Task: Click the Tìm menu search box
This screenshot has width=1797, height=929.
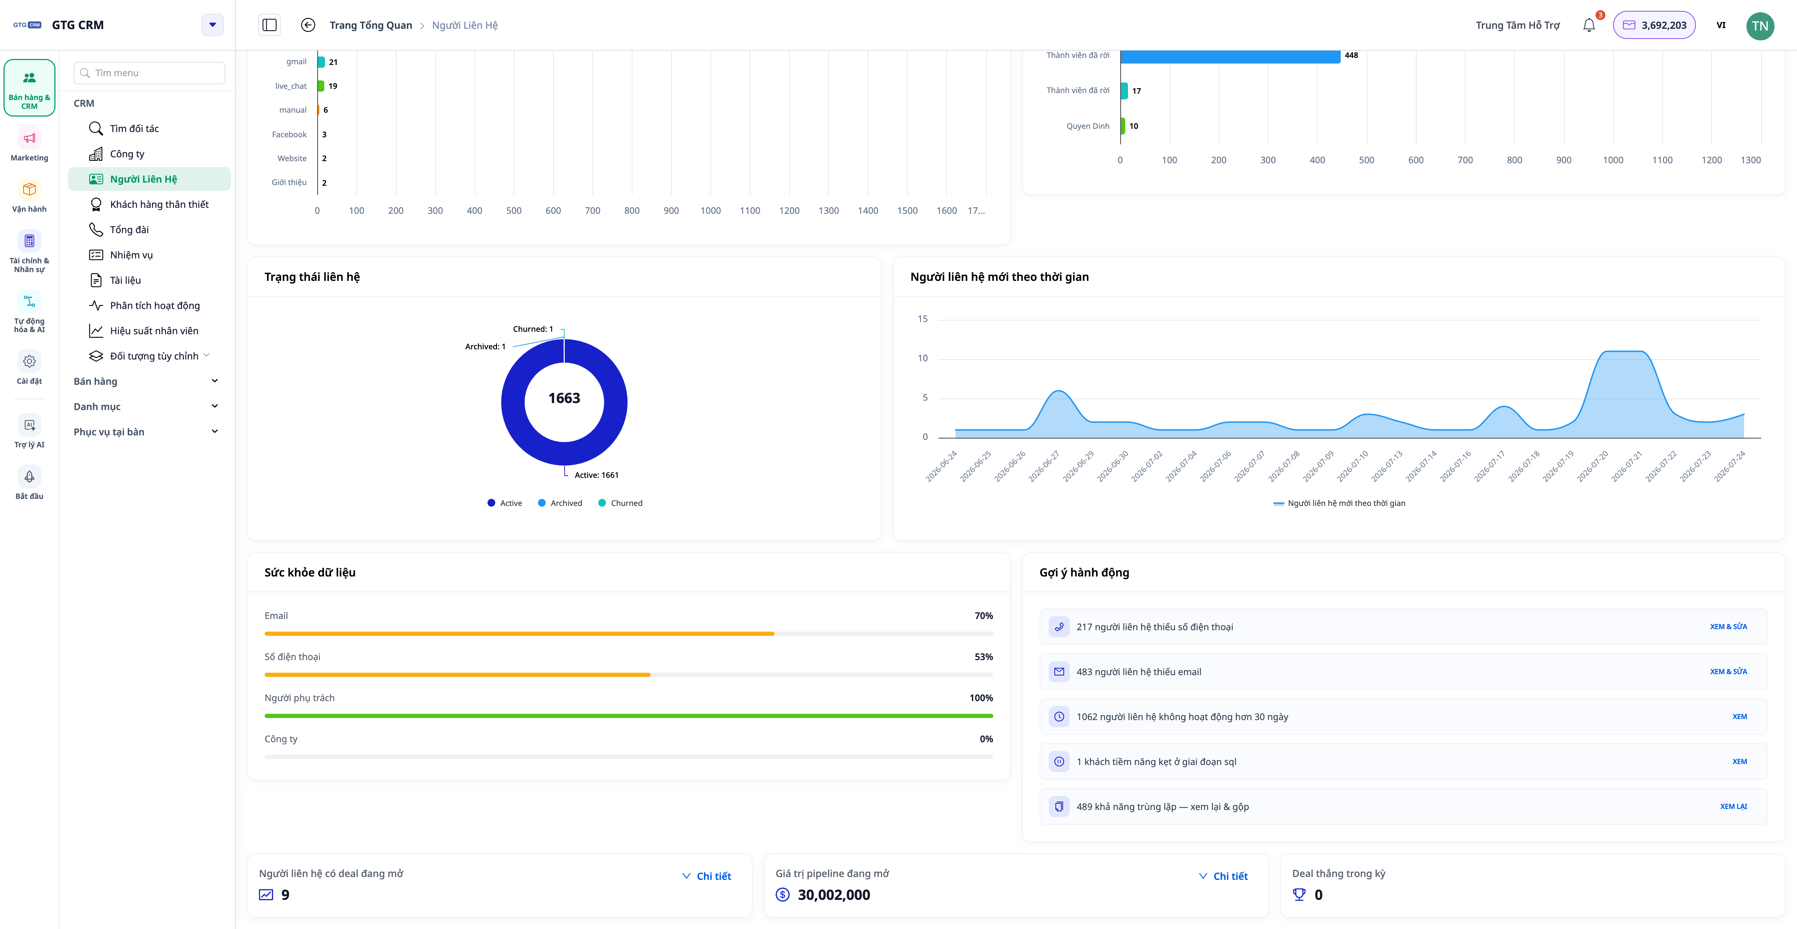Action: click(149, 73)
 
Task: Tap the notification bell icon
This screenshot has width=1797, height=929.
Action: click(1589, 25)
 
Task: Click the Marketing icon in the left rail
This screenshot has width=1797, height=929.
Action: click(29, 138)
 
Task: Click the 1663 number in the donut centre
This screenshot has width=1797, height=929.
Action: click(564, 398)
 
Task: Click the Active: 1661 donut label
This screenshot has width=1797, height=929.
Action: click(596, 475)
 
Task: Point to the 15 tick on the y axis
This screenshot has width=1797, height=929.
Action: click(922, 319)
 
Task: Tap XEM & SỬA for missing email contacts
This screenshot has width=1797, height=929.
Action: click(1728, 671)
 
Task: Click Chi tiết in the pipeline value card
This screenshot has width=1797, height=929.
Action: click(1230, 876)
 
